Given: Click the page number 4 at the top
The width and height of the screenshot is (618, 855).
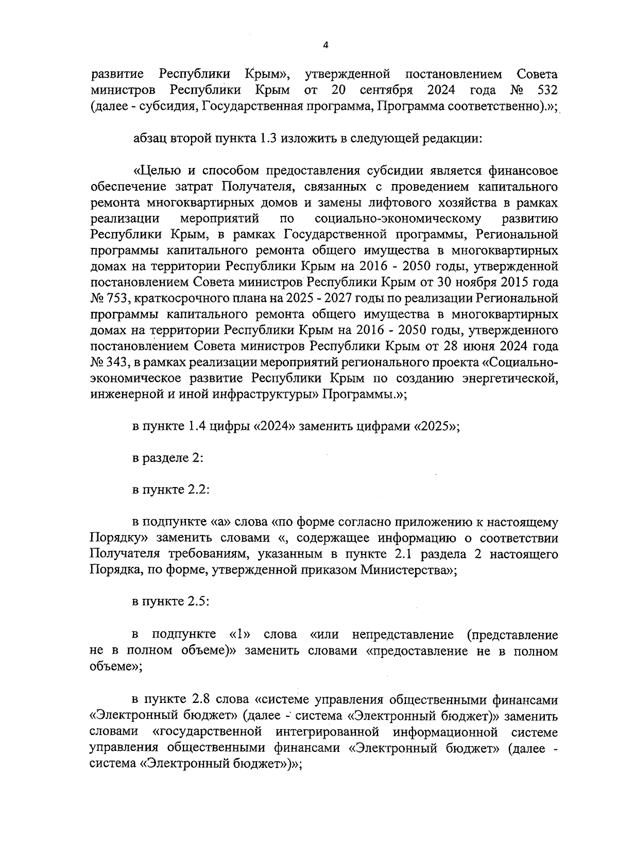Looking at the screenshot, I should [x=325, y=45].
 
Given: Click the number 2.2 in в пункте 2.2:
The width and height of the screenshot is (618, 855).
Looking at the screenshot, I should [x=198, y=491].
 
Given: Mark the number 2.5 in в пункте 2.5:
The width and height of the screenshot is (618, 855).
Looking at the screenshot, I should [x=198, y=602].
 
